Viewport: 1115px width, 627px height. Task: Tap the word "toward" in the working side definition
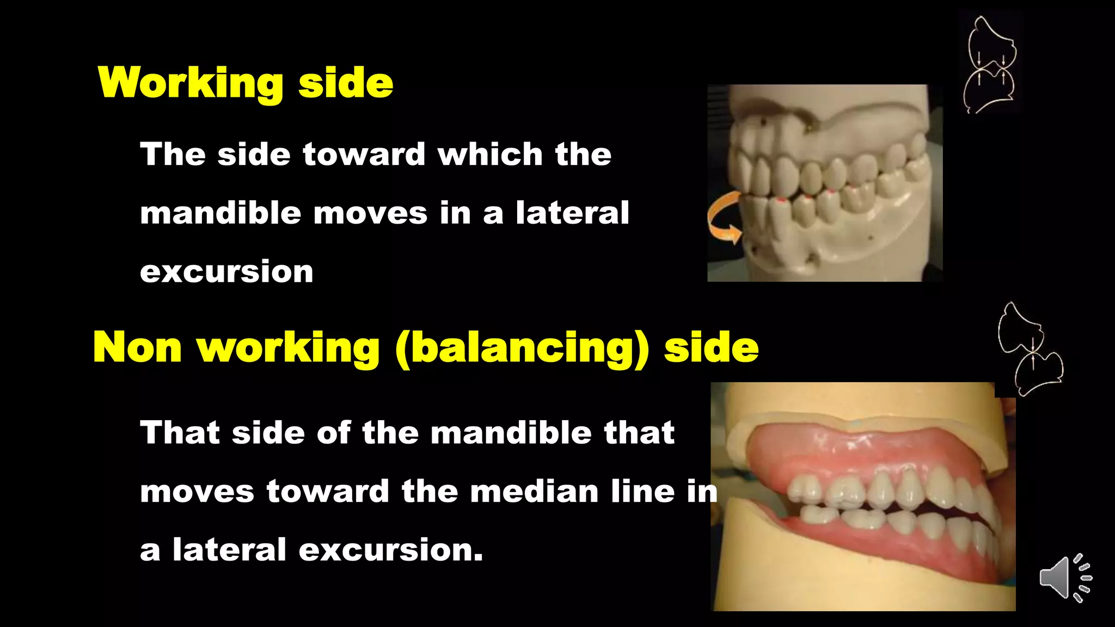click(x=364, y=154)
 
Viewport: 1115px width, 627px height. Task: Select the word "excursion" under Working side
click(x=226, y=272)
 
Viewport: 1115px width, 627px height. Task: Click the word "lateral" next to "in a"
click(x=572, y=213)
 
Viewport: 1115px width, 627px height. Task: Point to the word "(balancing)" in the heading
click(x=522, y=348)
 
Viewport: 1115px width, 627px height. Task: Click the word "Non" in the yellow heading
click(x=137, y=348)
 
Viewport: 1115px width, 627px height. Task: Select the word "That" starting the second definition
click(x=180, y=433)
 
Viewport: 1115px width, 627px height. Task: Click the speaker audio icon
click(x=1064, y=578)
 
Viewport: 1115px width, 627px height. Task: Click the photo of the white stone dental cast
click(x=824, y=183)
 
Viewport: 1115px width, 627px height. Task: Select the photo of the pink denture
click(x=863, y=496)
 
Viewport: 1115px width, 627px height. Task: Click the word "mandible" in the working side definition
click(x=220, y=213)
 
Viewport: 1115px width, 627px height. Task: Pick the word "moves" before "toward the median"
click(x=197, y=491)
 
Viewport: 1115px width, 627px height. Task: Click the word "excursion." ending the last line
click(x=390, y=550)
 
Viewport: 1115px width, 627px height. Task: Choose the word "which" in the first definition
click(x=490, y=154)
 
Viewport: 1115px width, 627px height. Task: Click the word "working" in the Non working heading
click(x=288, y=348)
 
